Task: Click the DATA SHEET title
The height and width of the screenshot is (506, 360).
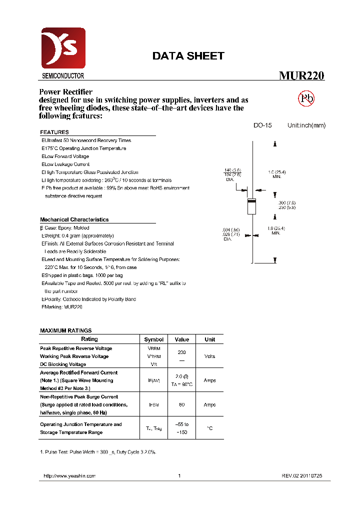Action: (188, 56)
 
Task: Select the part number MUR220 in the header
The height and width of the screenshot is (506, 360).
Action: (301, 76)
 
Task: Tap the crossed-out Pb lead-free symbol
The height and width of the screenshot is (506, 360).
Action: (306, 98)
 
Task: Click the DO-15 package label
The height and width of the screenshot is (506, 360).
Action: (262, 125)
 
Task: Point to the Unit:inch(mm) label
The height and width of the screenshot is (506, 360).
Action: (306, 125)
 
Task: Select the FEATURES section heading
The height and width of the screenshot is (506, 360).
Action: (54, 132)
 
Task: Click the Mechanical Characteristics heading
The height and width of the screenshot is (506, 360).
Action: (74, 219)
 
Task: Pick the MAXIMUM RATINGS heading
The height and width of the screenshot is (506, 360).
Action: (65, 330)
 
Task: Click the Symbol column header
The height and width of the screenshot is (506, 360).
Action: (153, 339)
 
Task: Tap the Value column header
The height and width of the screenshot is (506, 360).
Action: (182, 339)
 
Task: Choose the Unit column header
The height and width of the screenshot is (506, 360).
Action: (210, 339)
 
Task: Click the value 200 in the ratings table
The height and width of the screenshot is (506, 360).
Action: (182, 352)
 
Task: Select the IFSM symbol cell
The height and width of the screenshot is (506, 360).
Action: (153, 405)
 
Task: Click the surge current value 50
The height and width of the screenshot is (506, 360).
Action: (182, 405)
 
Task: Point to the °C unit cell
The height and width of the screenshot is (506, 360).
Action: (210, 428)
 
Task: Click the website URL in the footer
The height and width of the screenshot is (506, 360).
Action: (69, 476)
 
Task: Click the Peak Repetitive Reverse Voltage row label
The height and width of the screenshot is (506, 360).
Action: (76, 348)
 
